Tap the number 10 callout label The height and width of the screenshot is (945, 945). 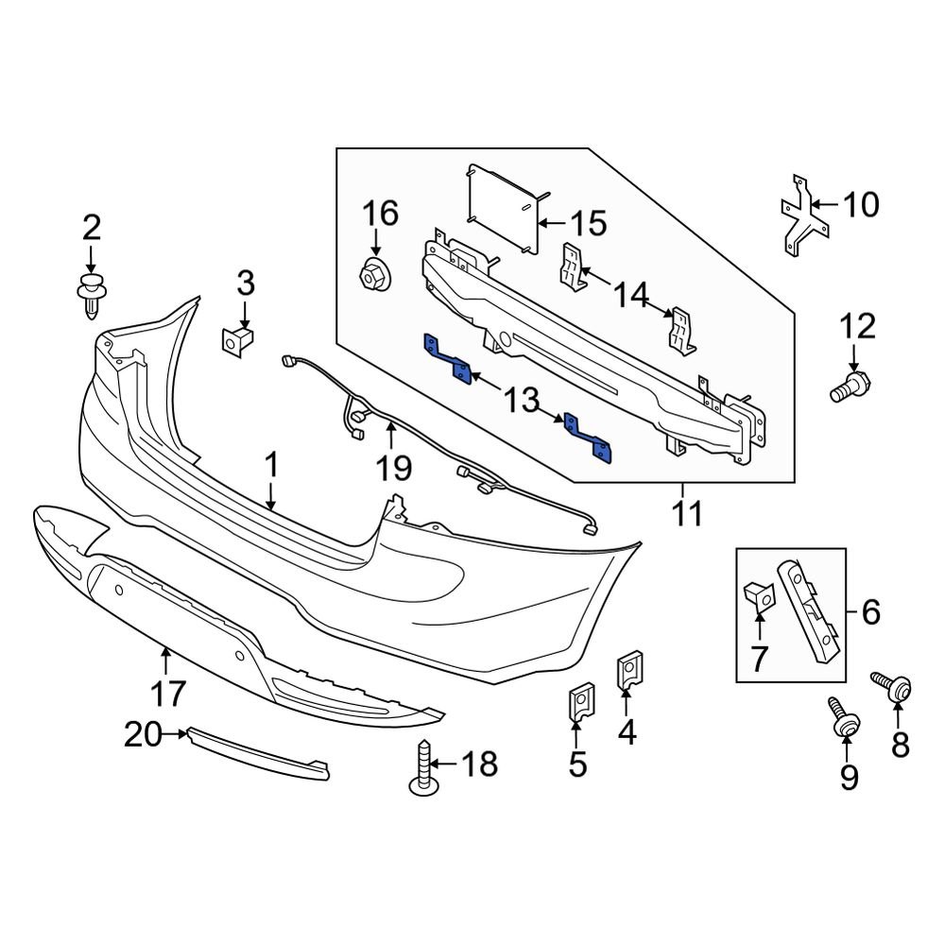point(859,204)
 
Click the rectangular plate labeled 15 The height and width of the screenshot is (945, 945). point(506,208)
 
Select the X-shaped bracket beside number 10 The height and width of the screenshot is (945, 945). point(800,217)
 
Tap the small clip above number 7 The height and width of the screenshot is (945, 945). point(758,595)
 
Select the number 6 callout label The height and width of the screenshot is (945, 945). point(869,613)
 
